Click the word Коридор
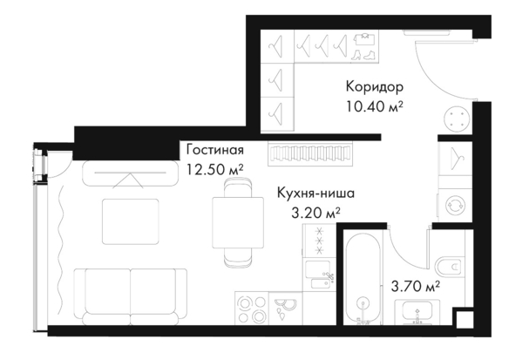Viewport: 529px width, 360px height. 375,87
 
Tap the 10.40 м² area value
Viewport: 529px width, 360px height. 374,106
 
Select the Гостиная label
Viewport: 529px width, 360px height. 215,150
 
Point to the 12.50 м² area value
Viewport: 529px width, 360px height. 215,169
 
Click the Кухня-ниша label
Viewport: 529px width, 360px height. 315,194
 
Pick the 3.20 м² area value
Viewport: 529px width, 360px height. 315,213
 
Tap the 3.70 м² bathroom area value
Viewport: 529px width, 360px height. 416,287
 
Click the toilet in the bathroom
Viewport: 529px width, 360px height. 451,266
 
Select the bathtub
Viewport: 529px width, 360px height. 363,277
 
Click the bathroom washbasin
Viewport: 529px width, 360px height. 417,311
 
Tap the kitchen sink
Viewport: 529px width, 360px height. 319,275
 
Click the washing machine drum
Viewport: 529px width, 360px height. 455,205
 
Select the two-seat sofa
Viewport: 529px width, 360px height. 130,296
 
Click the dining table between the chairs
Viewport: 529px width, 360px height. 238,222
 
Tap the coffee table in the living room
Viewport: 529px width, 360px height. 131,221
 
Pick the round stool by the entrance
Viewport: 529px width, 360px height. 457,119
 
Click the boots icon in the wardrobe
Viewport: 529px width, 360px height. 363,55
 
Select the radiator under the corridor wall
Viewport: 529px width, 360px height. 310,154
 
